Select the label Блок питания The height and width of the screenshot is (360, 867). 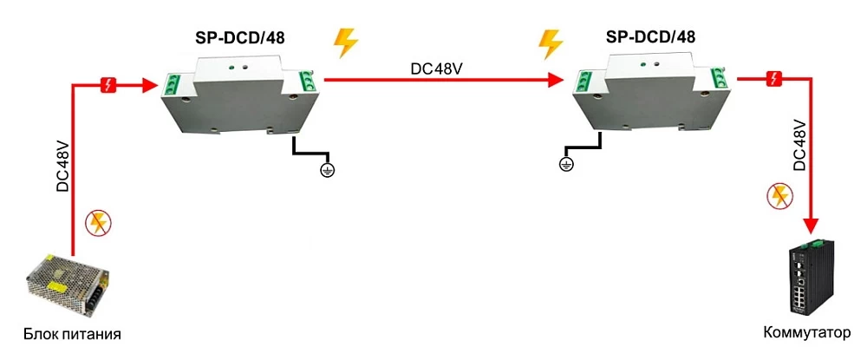[72, 334]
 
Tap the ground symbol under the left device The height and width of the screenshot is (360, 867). [326, 169]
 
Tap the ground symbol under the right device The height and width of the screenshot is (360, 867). [565, 163]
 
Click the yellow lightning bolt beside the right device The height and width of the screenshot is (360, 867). [551, 43]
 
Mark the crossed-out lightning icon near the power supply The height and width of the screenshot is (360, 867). [97, 223]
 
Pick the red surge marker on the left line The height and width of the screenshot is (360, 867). [108, 85]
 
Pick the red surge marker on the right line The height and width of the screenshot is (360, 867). [776, 80]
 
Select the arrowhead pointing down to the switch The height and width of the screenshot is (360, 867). [812, 225]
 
